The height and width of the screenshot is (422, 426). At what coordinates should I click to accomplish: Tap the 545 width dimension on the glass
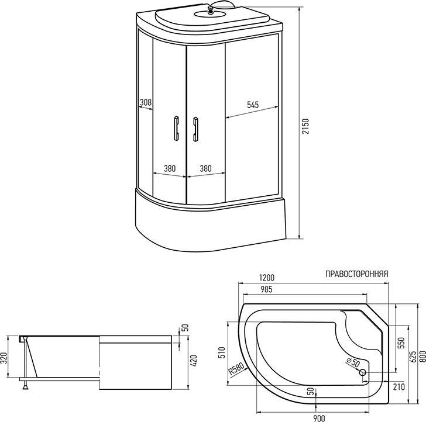[252, 105]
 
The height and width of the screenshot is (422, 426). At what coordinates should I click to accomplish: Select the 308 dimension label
[146, 103]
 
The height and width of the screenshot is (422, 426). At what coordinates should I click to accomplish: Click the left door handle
[174, 128]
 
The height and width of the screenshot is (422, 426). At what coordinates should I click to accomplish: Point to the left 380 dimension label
[170, 168]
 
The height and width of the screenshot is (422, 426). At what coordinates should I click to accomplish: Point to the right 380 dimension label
[205, 168]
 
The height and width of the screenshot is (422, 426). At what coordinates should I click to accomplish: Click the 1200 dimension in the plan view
[267, 278]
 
